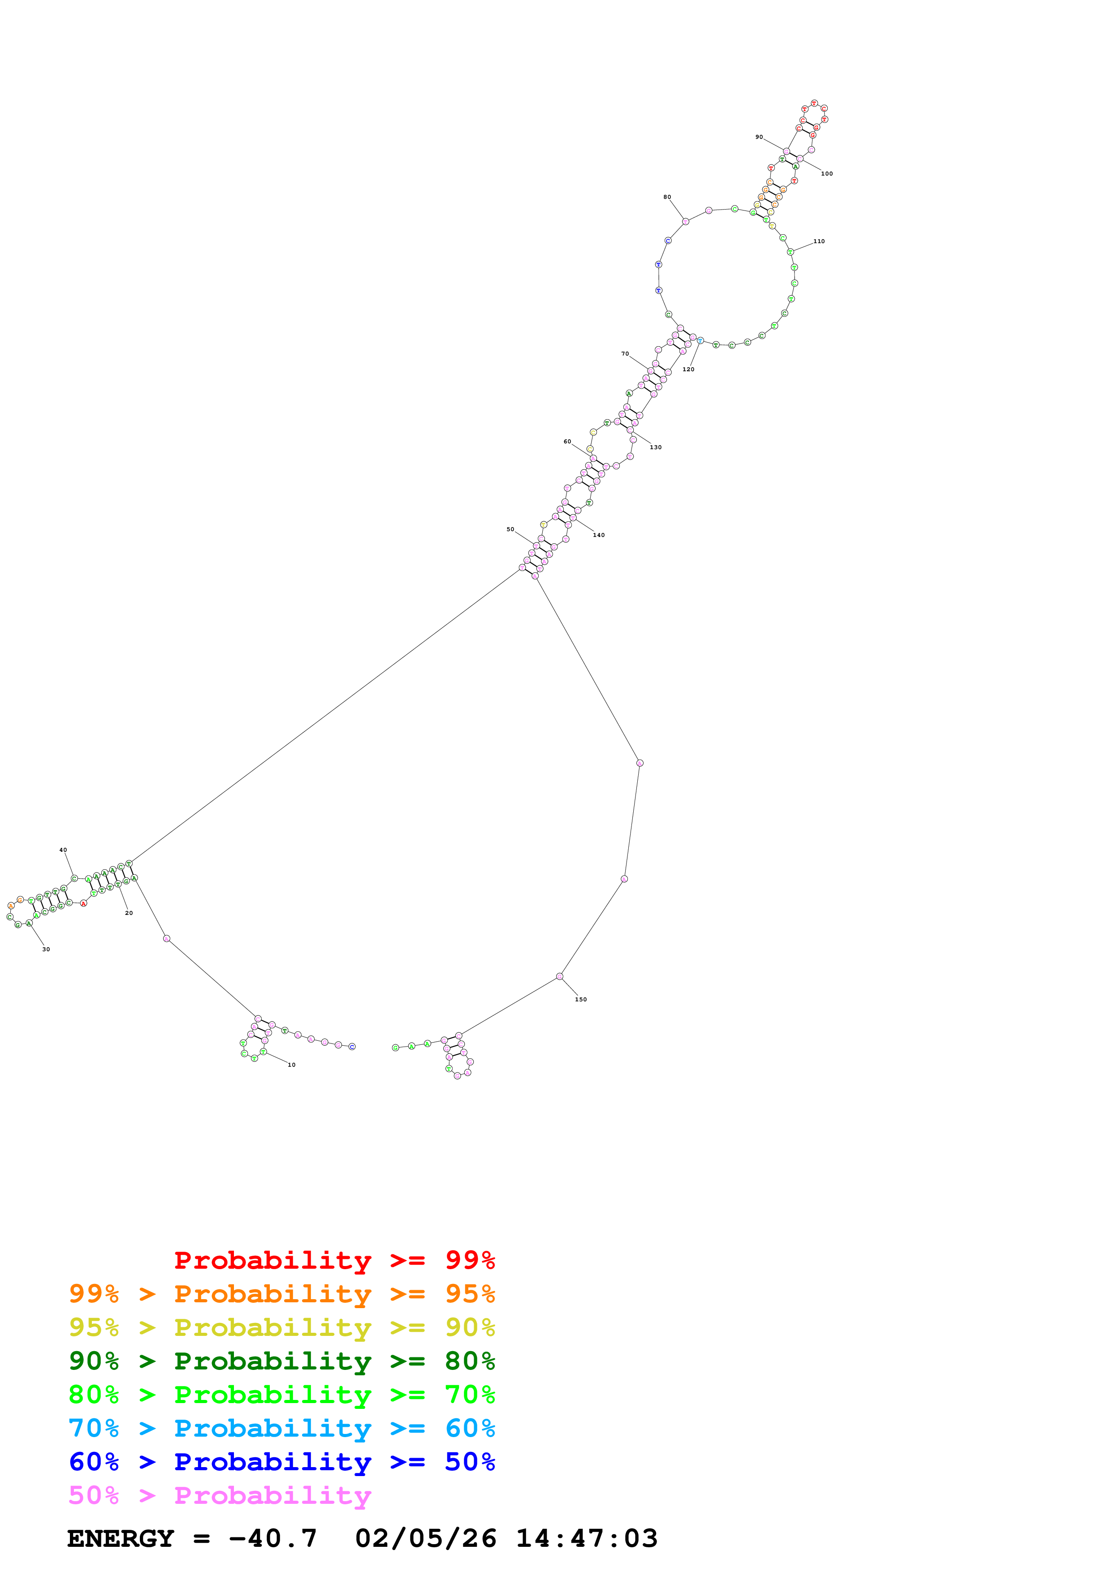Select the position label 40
pyautogui.click(x=63, y=850)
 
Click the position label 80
pyautogui.click(x=667, y=197)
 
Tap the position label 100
pyautogui.click(x=827, y=174)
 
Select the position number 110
pyautogui.click(x=819, y=241)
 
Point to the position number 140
pyautogui.click(x=598, y=535)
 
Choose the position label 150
pyautogui.click(x=580, y=1000)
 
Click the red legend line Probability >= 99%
pyautogui.click(x=334, y=1260)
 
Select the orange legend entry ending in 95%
pyautogui.click(x=281, y=1294)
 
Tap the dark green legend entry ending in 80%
pyautogui.click(x=281, y=1361)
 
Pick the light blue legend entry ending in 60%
pyautogui.click(x=281, y=1428)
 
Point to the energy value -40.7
pyautogui.click(x=272, y=1538)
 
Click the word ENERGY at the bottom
pyautogui.click(x=121, y=1538)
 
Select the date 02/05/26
pyautogui.click(x=425, y=1538)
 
